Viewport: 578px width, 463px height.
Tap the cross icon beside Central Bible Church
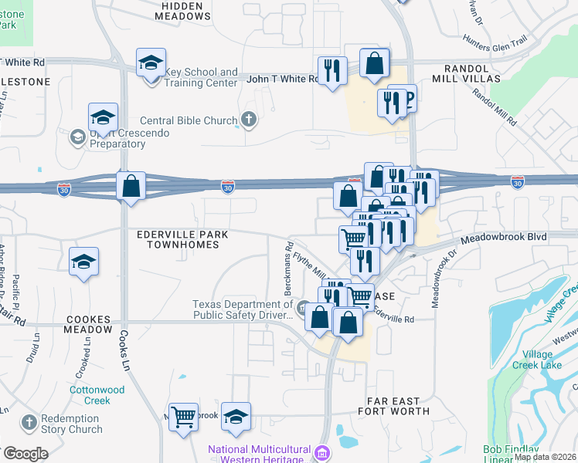tap(248, 120)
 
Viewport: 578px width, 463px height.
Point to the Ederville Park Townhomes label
tap(179, 238)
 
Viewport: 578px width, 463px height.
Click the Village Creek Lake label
tap(542, 359)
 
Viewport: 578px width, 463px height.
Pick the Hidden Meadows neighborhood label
tap(183, 10)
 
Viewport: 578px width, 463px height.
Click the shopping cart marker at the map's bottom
tap(185, 417)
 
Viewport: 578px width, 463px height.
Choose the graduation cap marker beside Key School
tap(151, 63)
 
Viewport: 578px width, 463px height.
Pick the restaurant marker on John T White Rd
tap(332, 71)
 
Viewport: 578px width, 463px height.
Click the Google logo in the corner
tap(25, 454)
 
